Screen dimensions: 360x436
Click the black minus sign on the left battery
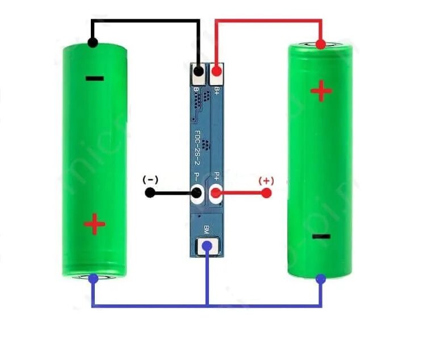pyautogui.click(x=94, y=78)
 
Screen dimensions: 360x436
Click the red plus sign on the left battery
pyautogui.click(x=94, y=225)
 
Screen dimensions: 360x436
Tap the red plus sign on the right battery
pyautogui.click(x=321, y=91)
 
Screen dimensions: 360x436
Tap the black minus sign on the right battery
pyautogui.click(x=321, y=236)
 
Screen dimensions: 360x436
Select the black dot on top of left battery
pyautogui.click(x=93, y=43)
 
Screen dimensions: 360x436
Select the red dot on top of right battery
pyautogui.click(x=321, y=44)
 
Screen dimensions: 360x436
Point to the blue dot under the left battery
pyautogui.click(x=93, y=278)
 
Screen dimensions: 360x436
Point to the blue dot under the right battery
pyautogui.click(x=321, y=279)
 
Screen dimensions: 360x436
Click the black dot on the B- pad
pyautogui.click(x=199, y=72)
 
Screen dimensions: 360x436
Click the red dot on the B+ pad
pyautogui.click(x=216, y=72)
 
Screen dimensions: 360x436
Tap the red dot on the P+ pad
pyautogui.click(x=216, y=193)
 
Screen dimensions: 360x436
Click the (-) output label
pyautogui.click(x=150, y=180)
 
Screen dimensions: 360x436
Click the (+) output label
pyautogui.click(x=266, y=181)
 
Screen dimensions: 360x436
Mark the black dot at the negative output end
pyautogui.click(x=150, y=192)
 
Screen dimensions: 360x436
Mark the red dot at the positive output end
pyautogui.click(x=266, y=193)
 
